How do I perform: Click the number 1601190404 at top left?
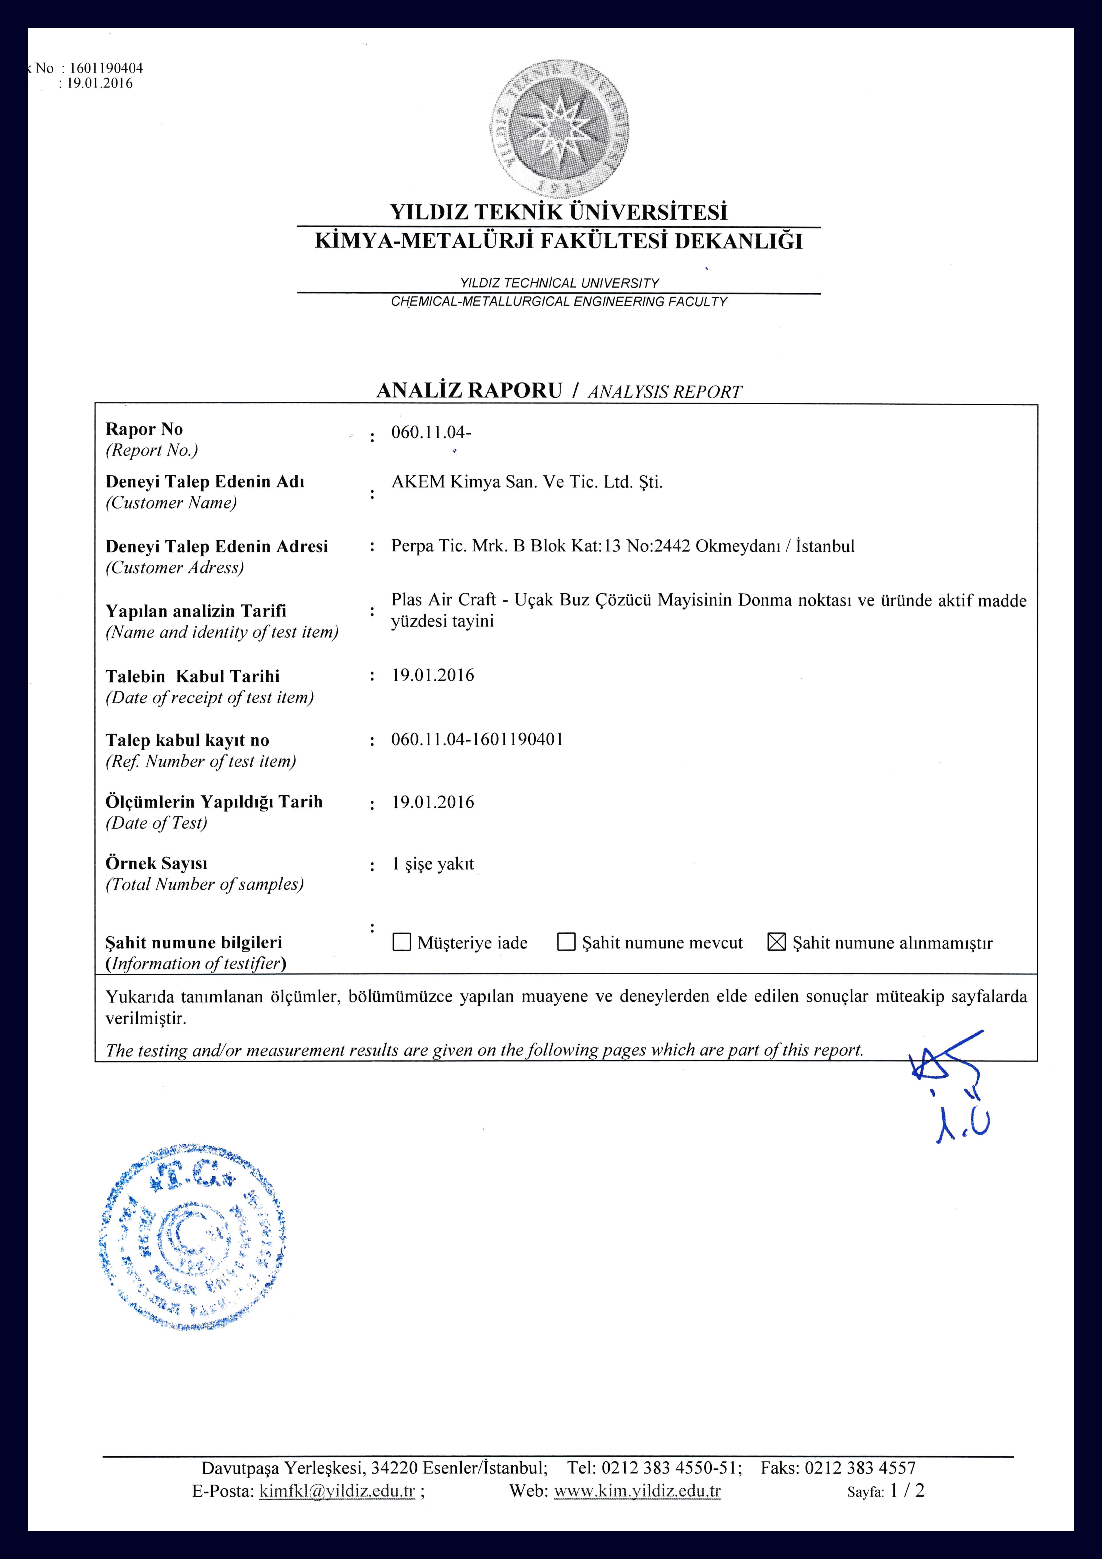point(106,68)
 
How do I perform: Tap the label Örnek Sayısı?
point(156,864)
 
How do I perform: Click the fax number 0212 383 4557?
point(860,1468)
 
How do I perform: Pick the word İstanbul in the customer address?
point(825,546)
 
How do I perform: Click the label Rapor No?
point(144,429)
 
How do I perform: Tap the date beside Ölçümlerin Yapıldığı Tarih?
point(433,802)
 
